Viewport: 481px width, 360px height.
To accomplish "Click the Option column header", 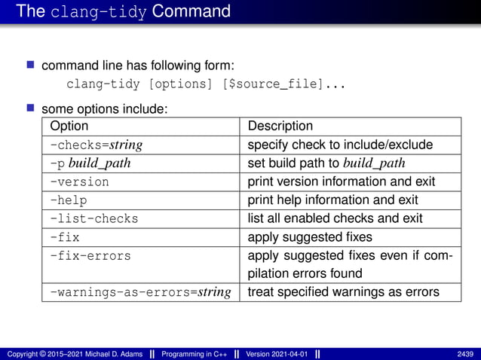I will [69, 127].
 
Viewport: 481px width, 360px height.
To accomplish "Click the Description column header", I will [280, 127].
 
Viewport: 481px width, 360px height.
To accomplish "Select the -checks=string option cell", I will [97, 145].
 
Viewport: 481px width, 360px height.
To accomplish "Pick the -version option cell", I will [79, 182].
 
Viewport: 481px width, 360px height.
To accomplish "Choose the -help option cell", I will [69, 200].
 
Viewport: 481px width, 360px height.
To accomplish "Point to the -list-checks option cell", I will [94, 218].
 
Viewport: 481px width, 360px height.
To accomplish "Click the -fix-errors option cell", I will [90, 255].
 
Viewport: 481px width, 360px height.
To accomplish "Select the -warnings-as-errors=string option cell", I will [140, 291].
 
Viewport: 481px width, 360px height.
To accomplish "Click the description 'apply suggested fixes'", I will [309, 236].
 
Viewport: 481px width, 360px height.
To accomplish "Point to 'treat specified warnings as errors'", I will [343, 291].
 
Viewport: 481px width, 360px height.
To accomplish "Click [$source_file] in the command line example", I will [274, 84].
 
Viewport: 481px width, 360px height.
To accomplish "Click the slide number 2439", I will [464, 354].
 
